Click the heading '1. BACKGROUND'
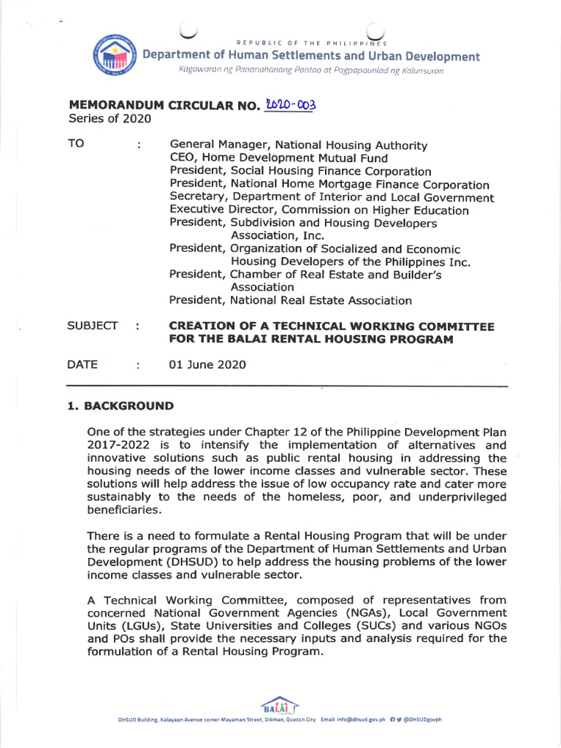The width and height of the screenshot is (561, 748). click(121, 405)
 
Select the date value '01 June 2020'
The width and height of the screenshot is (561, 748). click(207, 365)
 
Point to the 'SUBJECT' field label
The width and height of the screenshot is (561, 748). click(93, 326)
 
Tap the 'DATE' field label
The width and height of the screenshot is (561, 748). click(83, 365)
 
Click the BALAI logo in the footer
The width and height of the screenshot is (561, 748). click(280, 707)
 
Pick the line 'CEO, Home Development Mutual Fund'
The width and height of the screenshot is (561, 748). click(278, 159)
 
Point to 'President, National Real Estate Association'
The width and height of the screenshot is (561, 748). click(290, 300)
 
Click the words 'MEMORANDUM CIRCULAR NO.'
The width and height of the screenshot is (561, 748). click(163, 106)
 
